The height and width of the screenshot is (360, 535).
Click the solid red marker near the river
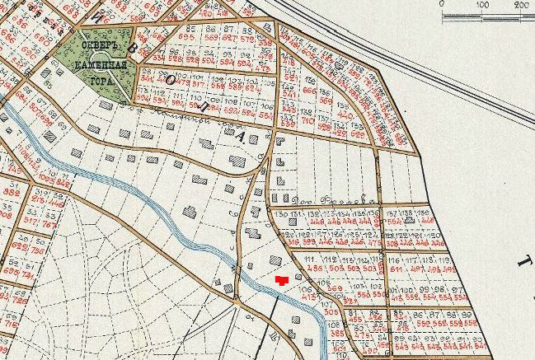coord(282,281)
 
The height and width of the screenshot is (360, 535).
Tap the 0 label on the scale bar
coord(443,4)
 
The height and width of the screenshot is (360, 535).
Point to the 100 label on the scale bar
coord(481,4)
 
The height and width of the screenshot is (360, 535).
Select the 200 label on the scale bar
coord(521,4)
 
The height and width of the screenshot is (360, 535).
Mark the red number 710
coord(308,120)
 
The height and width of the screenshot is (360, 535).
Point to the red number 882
coord(11,193)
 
